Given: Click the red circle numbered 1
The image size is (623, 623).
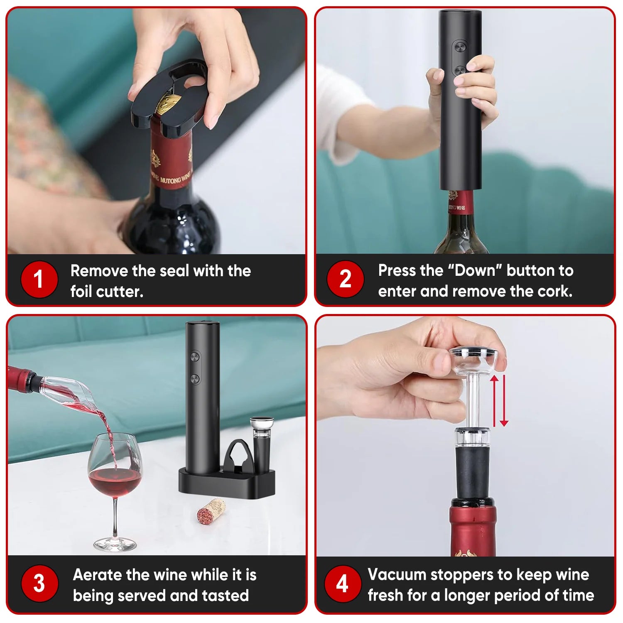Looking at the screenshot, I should (x=39, y=279).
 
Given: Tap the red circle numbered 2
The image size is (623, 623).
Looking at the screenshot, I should (x=345, y=279).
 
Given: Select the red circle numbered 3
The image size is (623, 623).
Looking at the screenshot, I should (x=39, y=583).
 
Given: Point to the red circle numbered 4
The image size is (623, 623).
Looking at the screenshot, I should (x=342, y=583).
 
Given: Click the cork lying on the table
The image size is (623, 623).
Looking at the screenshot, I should (x=211, y=511).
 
